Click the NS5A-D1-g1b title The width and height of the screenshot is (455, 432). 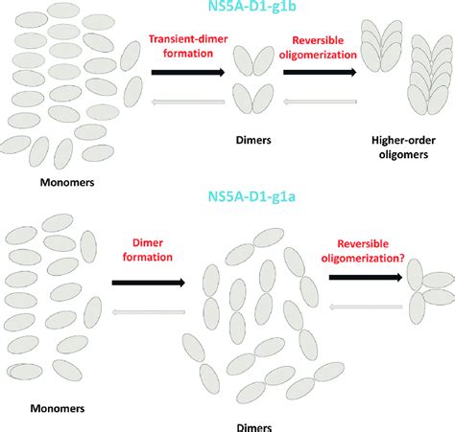tap(252, 6)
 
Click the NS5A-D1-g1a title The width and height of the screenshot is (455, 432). tap(251, 196)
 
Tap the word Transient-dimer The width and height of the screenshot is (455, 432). tap(188, 39)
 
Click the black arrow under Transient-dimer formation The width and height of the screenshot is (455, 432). tap(188, 73)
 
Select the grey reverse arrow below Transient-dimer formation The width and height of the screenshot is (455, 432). tap(188, 102)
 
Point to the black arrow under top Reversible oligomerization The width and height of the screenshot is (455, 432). tap(320, 73)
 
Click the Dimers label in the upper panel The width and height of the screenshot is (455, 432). tap(253, 140)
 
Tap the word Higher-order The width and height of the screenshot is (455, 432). tap(403, 140)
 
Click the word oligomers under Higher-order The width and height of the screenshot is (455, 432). tap(403, 154)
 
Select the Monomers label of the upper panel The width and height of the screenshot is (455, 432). tap(67, 182)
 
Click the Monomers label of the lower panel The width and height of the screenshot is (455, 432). tap(58, 408)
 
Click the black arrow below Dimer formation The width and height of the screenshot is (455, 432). tap(149, 283)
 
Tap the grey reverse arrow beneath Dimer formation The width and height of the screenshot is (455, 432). tap(149, 312)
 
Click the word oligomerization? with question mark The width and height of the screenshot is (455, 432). tap(363, 258)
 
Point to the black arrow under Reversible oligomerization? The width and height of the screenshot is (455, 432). tap(366, 278)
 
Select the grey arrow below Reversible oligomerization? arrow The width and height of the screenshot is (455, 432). tap(366, 307)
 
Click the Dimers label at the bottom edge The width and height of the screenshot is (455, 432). tap(254, 427)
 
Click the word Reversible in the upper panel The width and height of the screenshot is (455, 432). tap(318, 40)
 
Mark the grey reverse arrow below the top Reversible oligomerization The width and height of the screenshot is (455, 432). tap(320, 102)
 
